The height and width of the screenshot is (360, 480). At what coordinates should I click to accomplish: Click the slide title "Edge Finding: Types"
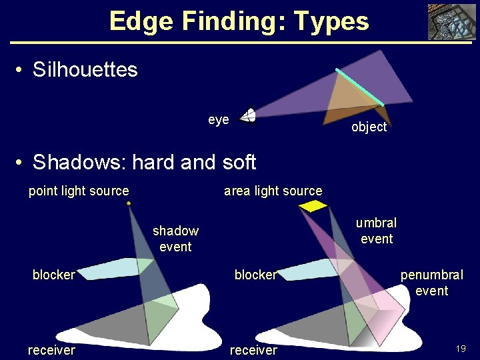coord(239,21)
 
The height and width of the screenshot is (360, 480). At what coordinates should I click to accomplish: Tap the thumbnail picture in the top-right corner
coord(451,23)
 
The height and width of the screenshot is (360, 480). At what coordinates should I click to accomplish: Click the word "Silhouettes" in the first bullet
coord(85,69)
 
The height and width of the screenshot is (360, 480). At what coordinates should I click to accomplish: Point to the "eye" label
coord(219,119)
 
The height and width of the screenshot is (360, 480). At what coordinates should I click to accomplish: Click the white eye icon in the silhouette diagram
coord(248,116)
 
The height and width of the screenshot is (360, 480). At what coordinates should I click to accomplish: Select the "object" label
coord(369,127)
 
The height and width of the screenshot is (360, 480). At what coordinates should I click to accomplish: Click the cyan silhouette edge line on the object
coord(359,87)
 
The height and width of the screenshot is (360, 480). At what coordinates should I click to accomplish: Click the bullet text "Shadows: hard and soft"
coord(144,162)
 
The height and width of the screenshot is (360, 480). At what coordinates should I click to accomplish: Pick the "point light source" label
coord(79,191)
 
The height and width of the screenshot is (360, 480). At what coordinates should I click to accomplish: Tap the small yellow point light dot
coord(129,203)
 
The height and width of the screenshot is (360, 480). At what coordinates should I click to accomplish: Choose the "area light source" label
coord(273,191)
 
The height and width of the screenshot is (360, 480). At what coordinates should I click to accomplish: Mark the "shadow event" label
coord(175,239)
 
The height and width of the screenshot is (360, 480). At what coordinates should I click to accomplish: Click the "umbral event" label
coord(376,231)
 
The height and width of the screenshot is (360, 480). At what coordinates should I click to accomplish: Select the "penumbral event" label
coord(431,283)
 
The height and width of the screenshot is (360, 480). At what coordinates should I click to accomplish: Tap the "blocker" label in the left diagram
coord(53,275)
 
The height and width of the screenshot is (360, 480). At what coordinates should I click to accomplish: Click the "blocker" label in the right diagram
coord(255,275)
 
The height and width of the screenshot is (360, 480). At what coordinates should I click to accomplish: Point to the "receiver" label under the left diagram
coord(51,350)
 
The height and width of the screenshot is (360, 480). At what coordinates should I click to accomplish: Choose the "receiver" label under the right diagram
coord(253,350)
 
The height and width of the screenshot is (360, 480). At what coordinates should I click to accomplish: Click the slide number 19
coord(460,349)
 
